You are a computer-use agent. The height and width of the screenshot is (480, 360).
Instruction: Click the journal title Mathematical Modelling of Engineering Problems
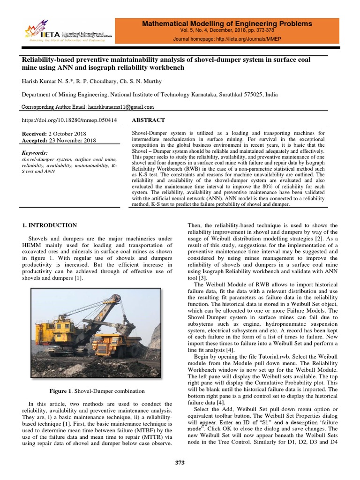pos(226,23)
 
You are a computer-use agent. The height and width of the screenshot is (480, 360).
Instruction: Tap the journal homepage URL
pos(227,39)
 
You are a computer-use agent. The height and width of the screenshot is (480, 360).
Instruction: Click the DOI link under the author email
pos(69,120)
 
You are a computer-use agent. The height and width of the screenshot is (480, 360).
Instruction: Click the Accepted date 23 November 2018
pos(72,140)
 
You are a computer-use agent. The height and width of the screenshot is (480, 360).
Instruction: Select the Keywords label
pos(35,153)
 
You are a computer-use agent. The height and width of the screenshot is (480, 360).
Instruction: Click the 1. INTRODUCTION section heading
pos(50,225)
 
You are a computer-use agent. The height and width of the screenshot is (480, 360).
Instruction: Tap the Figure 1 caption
pos(97,391)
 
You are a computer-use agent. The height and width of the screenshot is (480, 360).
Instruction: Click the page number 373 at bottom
pos(180,463)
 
